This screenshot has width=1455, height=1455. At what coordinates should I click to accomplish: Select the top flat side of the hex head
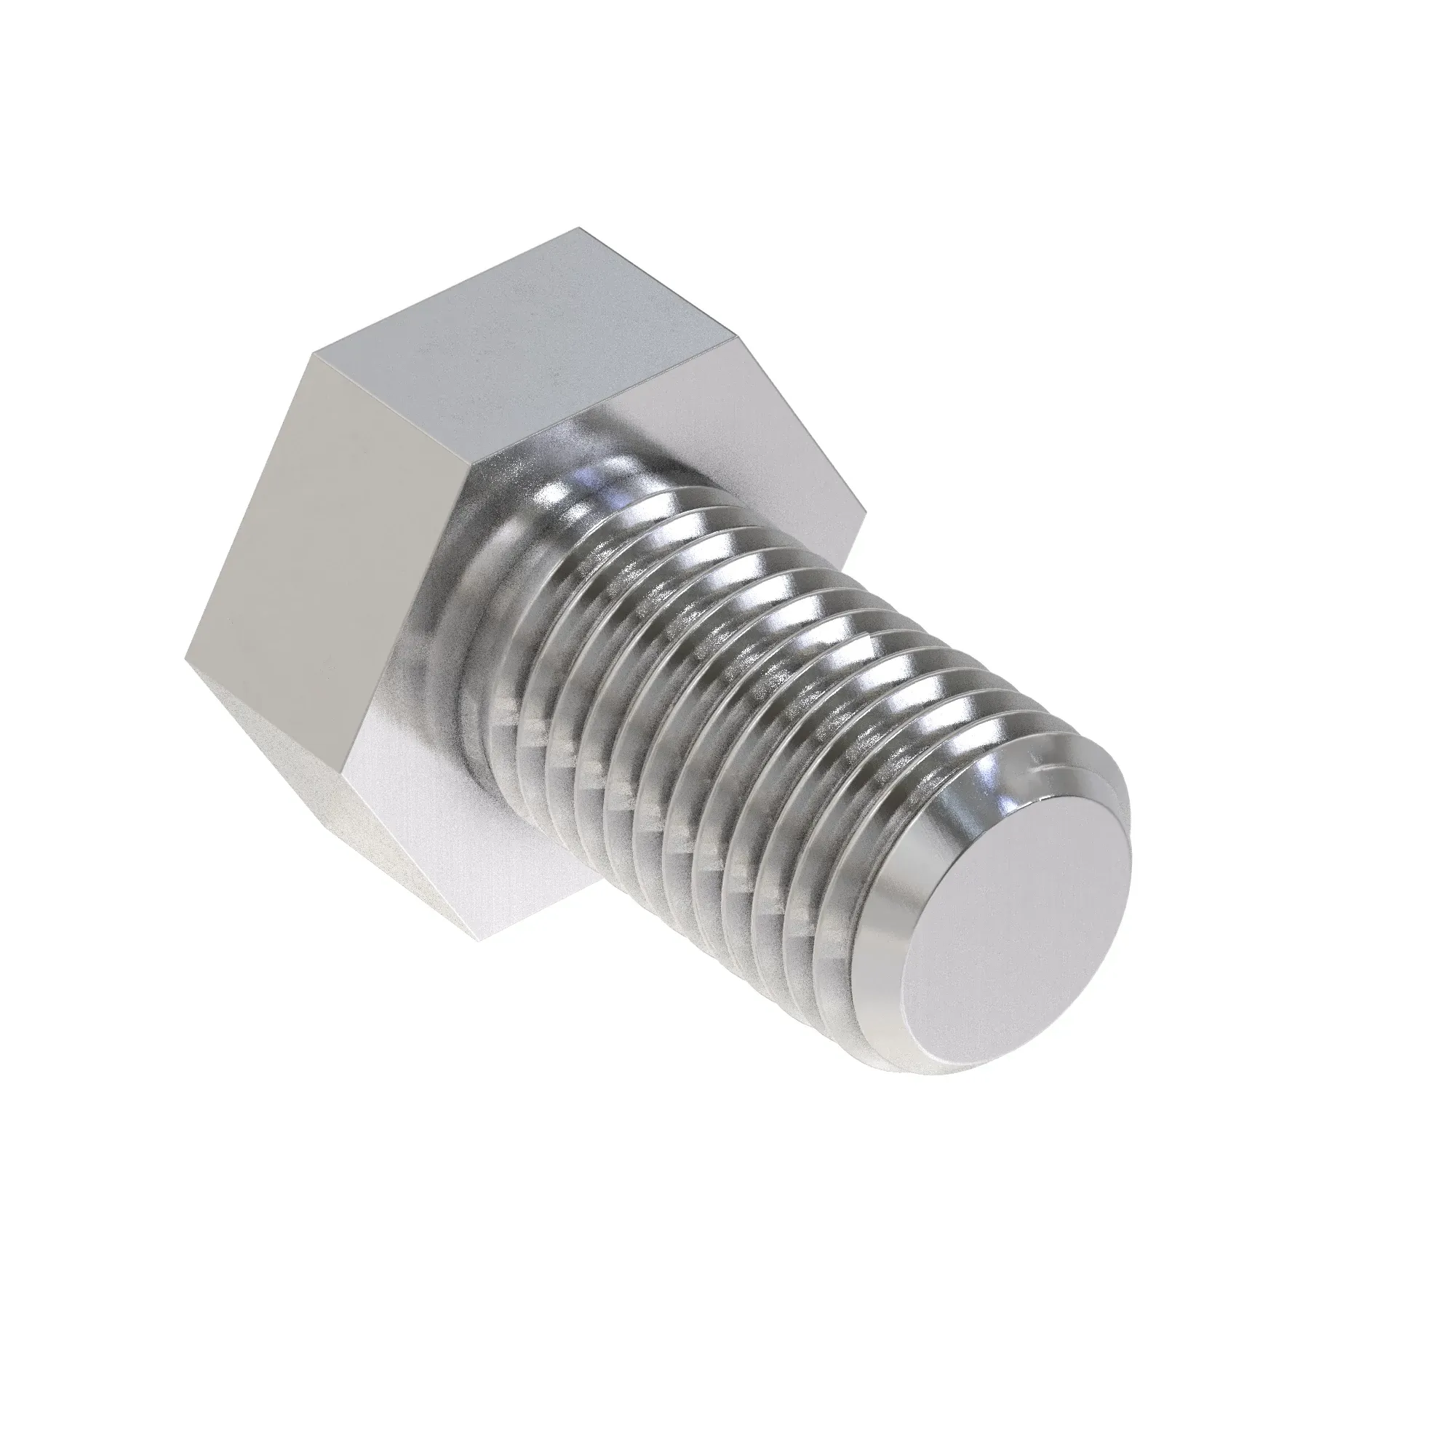pyautogui.click(x=519, y=331)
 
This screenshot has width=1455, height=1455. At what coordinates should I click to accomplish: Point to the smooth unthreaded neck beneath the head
pyautogui.click(x=482, y=618)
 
